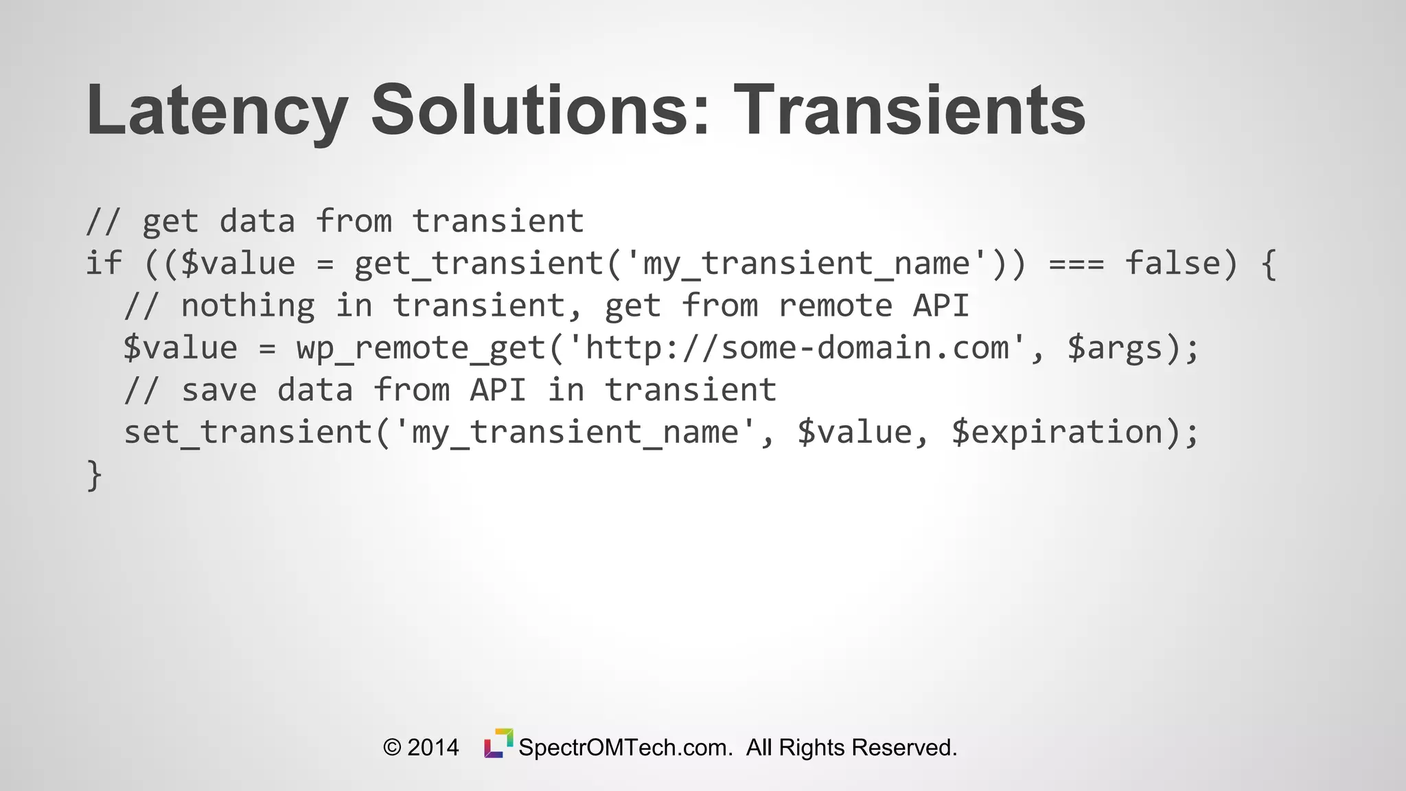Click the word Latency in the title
[216, 110]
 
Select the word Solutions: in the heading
[540, 110]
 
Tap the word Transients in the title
[910, 110]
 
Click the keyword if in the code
[104, 264]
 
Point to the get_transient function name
[479, 264]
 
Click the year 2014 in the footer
[433, 748]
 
